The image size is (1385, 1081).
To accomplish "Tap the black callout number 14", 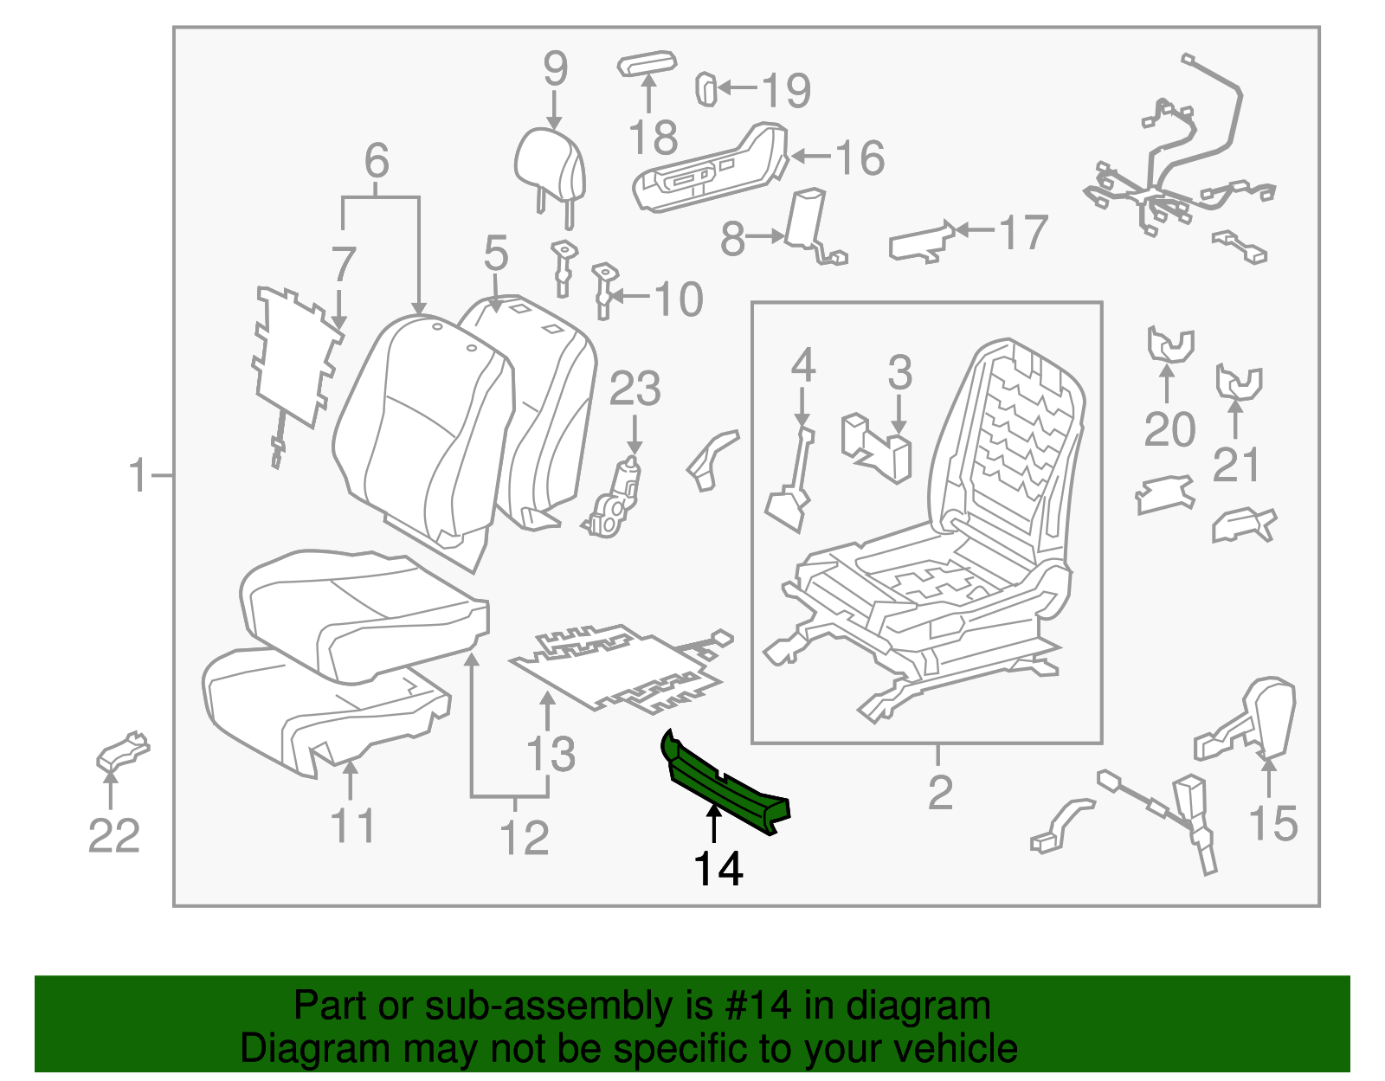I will point(718,869).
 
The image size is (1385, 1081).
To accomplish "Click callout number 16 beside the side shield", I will point(860,158).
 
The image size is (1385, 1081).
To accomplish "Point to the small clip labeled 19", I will point(706,88).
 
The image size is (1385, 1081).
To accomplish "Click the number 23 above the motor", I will point(635,389).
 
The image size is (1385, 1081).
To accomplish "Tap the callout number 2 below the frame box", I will point(940,792).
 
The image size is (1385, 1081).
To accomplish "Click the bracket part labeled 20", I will point(1170,344).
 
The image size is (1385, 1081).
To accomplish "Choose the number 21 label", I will point(1236,465).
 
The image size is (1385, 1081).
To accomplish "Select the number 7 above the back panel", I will point(344,264).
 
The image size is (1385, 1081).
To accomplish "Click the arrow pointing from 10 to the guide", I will point(629,296).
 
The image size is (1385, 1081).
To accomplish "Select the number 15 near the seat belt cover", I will point(1272,822).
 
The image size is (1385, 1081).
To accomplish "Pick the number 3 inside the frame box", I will point(899,372).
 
